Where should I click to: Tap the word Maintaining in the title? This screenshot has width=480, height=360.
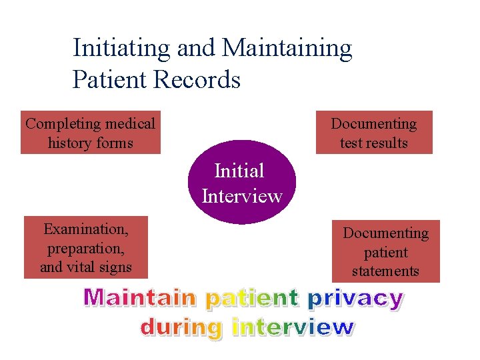(287, 48)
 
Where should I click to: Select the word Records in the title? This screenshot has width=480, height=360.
(198, 80)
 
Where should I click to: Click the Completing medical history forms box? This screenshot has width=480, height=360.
(90, 133)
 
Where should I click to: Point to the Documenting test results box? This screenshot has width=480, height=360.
(373, 133)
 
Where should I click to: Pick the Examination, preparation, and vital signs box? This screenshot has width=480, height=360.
(86, 248)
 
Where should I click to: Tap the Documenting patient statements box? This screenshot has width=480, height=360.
(385, 251)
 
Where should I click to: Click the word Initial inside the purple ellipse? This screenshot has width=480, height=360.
(239, 171)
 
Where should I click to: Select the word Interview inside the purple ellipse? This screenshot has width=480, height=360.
(242, 196)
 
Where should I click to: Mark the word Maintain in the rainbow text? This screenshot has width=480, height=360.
(141, 297)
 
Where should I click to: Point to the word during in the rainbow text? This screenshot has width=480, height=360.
(181, 327)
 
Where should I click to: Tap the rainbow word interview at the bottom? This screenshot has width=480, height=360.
(293, 327)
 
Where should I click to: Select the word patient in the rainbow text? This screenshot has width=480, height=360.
(251, 299)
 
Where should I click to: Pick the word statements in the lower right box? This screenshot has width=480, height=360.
(385, 271)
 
